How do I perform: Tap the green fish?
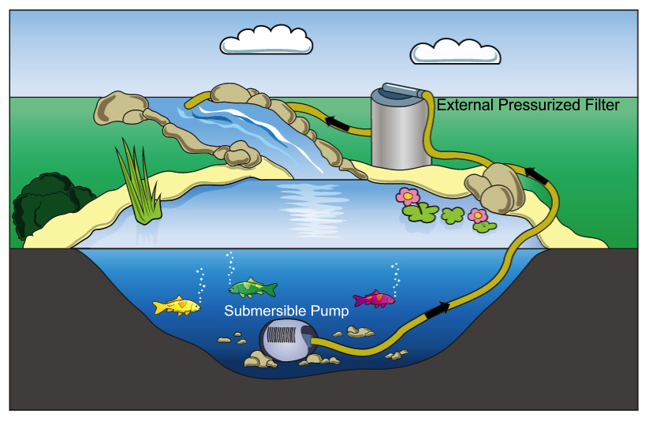coord(252,288)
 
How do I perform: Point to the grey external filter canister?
coord(398,134)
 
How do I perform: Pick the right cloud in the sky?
coord(455,50)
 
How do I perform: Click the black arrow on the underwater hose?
coord(436,309)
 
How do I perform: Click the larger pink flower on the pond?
coord(407,197)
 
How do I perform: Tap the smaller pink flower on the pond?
coord(476,215)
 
